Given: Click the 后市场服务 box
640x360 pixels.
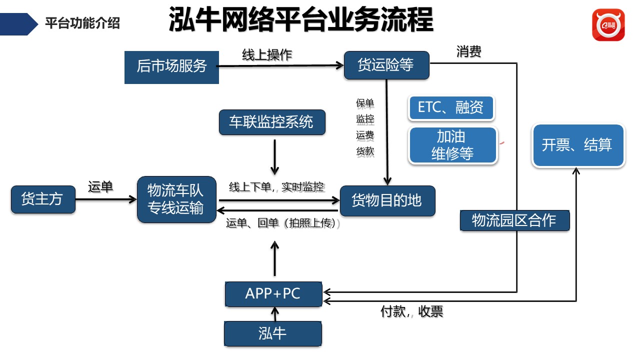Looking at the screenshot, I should pyautogui.click(x=171, y=66).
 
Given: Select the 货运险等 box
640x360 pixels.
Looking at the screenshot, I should pyautogui.click(x=386, y=65).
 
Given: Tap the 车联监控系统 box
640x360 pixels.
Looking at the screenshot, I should pyautogui.click(x=272, y=122).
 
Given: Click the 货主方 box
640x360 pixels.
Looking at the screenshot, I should pyautogui.click(x=43, y=199).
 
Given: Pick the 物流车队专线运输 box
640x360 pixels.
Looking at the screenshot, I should pyautogui.click(x=176, y=199).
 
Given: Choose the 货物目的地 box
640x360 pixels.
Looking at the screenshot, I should pyautogui.click(x=387, y=201).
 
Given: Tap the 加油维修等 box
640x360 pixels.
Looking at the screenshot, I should pyautogui.click(x=452, y=145).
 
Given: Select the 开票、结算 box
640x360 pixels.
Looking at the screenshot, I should pyautogui.click(x=577, y=145).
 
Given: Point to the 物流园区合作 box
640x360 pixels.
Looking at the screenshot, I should pyautogui.click(x=514, y=220).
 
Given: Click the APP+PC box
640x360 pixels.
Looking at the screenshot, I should pyautogui.click(x=273, y=294).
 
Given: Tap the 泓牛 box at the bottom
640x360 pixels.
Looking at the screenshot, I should pyautogui.click(x=272, y=333).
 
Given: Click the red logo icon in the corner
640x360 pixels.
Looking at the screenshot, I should pyautogui.click(x=608, y=25).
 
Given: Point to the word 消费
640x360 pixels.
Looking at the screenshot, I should pyautogui.click(x=468, y=51).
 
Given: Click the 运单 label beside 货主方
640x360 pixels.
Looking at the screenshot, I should pyautogui.click(x=100, y=187).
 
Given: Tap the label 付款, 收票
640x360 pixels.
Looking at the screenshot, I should pyautogui.click(x=412, y=312).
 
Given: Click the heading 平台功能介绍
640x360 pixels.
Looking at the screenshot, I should pyautogui.click(x=82, y=23).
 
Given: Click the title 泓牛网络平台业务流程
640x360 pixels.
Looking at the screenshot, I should pyautogui.click(x=300, y=20).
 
